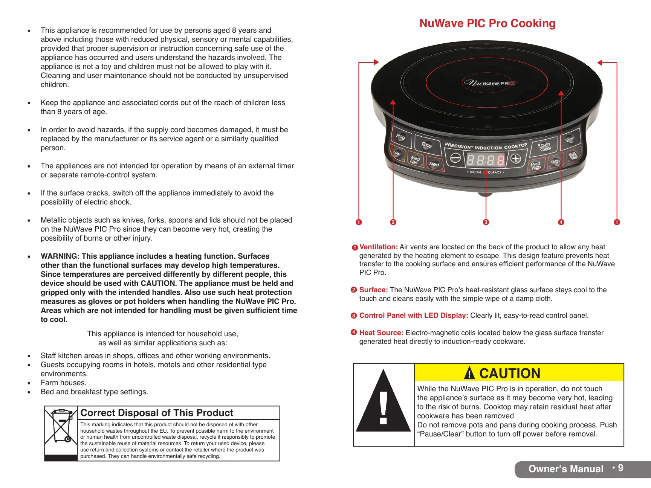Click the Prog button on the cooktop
click(x=400, y=137)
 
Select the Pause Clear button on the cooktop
click(x=544, y=146)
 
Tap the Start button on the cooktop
click(x=570, y=139)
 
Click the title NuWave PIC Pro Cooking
click(x=487, y=23)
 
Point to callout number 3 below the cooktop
click(x=486, y=222)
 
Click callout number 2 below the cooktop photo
click(x=393, y=222)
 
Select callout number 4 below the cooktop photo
click(x=561, y=222)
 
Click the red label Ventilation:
click(x=378, y=247)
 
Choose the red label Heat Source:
click(x=381, y=333)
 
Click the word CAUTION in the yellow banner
click(x=509, y=373)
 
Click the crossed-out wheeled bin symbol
click(x=61, y=425)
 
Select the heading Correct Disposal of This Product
click(x=157, y=413)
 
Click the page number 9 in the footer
click(x=620, y=468)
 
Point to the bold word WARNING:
click(x=60, y=256)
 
